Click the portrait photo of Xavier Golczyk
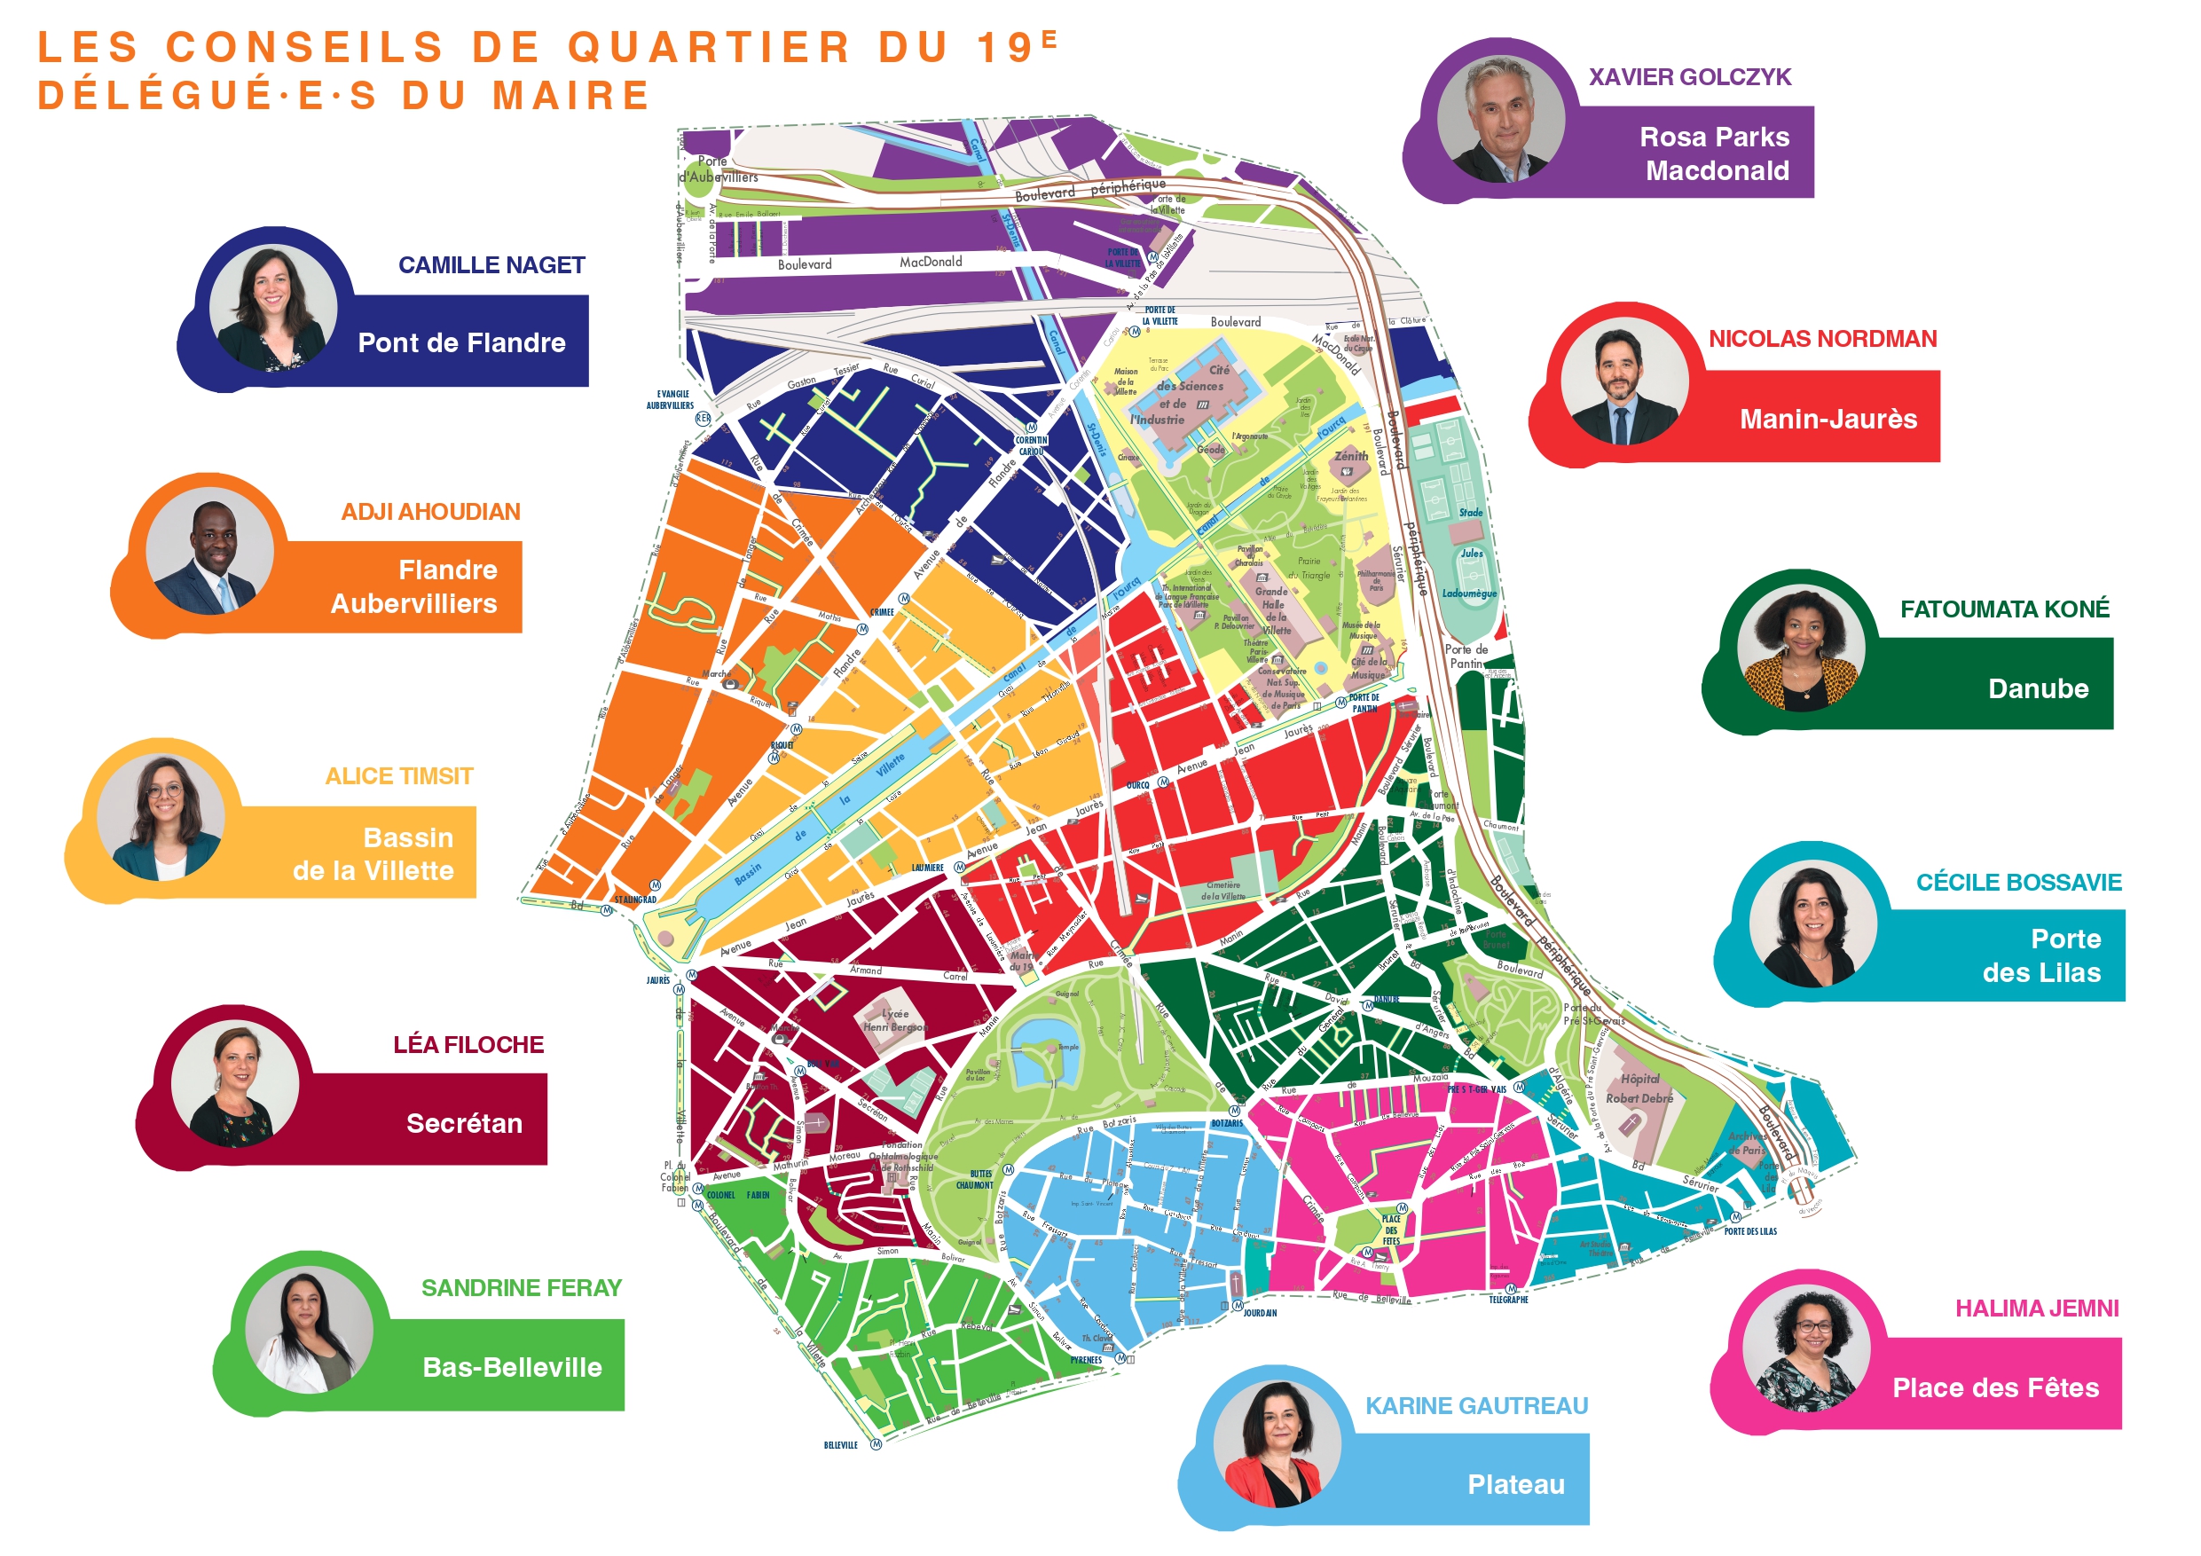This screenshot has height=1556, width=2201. coord(1499,119)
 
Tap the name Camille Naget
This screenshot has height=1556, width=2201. coord(491,265)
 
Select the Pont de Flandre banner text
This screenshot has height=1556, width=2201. coord(461,343)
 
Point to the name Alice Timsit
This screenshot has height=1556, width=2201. coord(399,776)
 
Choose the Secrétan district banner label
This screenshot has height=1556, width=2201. coord(464,1124)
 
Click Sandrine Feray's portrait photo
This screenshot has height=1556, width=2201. coord(309,1331)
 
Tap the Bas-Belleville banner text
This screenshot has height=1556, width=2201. coord(512,1367)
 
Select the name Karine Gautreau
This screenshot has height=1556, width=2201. coord(1476,1406)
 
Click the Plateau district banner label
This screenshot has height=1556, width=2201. coord(1515,1485)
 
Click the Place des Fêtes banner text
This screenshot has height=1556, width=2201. coord(1995,1388)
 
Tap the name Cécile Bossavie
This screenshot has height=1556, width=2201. coord(2018,883)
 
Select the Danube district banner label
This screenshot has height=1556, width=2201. coord(2038,689)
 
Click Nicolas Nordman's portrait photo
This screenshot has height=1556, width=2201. coord(1623,381)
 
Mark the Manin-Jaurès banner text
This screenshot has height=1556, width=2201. coord(1828,420)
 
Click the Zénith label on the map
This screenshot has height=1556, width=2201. coord(1351,456)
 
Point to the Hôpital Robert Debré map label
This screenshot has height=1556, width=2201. coord(1639,1089)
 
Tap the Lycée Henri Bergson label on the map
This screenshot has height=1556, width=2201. coord(894,1020)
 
